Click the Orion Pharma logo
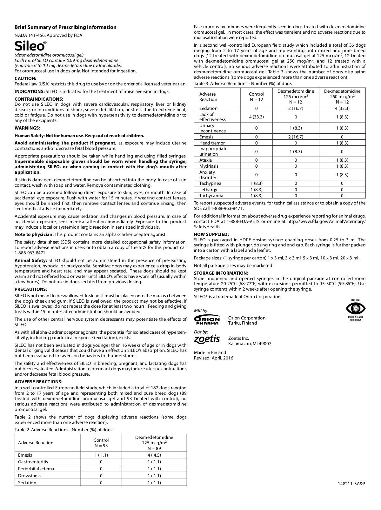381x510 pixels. (x=207, y=320)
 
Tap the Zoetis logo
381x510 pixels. (x=207, y=339)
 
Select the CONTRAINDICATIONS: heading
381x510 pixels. (x=39, y=99)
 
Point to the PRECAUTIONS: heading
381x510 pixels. (x=31, y=289)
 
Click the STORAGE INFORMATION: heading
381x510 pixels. (x=221, y=273)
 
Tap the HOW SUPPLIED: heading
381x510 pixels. (x=211, y=234)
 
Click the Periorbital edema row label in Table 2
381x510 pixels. (x=36, y=469)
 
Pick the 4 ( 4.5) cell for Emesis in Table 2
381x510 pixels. (x=154, y=455)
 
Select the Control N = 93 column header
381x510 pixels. (x=101, y=443)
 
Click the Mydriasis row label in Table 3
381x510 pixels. (x=209, y=166)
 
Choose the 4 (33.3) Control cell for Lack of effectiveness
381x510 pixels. (x=257, y=117)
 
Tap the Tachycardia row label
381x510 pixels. (x=211, y=196)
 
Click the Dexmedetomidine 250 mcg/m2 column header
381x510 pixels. (x=342, y=97)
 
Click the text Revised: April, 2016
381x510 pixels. (x=213, y=358)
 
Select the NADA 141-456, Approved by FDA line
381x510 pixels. (x=48, y=35)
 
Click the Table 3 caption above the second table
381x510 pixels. (x=243, y=84)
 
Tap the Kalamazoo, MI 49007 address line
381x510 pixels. (x=250, y=344)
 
